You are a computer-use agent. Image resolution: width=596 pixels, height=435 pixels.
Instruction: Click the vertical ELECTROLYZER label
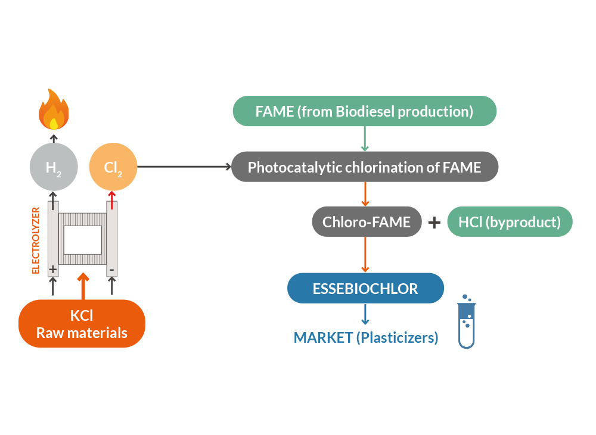click(x=36, y=240)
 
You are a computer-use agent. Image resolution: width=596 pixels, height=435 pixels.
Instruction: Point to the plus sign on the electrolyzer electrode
click(x=53, y=270)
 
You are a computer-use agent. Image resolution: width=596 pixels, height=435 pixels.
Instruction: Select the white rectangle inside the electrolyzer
click(x=83, y=240)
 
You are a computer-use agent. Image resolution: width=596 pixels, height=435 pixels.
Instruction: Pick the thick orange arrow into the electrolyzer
click(x=83, y=286)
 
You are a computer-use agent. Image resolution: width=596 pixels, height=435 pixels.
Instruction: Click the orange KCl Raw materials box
click(x=82, y=324)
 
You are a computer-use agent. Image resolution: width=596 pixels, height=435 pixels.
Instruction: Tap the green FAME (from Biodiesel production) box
click(x=364, y=111)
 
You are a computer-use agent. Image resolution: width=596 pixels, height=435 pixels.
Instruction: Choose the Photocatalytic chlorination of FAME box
click(x=364, y=167)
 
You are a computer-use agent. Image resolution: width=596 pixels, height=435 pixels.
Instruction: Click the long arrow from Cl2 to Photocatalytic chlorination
click(x=185, y=167)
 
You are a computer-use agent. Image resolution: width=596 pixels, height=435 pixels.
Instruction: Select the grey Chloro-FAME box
click(x=367, y=222)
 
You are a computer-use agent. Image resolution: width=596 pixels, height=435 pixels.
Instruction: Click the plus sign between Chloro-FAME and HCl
click(x=434, y=223)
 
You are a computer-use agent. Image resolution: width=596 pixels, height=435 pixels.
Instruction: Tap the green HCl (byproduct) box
click(x=510, y=222)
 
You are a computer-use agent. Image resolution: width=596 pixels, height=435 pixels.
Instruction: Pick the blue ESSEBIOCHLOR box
click(x=365, y=289)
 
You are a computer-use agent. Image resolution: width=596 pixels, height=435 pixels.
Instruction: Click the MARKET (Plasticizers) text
click(x=366, y=338)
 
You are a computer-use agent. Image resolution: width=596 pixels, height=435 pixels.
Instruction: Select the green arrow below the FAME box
click(x=364, y=139)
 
